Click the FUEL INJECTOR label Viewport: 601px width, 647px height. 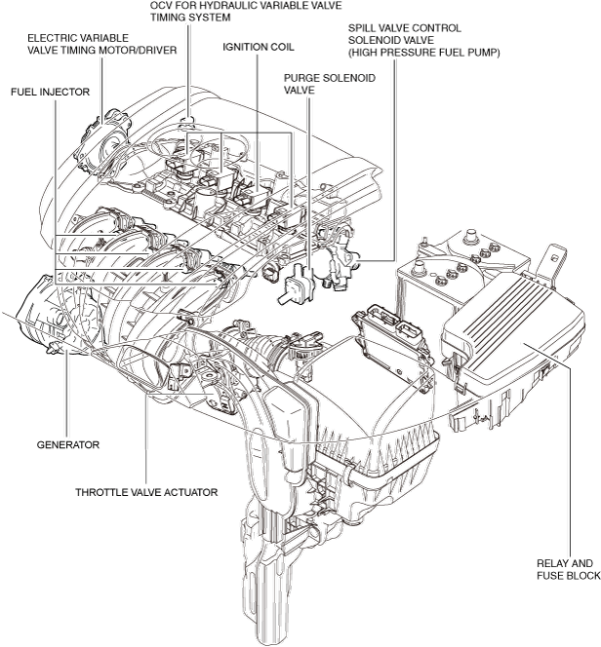pyautogui.click(x=50, y=92)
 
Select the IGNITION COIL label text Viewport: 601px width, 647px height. pyautogui.click(x=259, y=46)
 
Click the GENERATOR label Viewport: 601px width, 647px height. pyautogui.click(x=68, y=444)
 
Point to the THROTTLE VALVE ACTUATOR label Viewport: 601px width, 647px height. pyautogui.click(x=146, y=492)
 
